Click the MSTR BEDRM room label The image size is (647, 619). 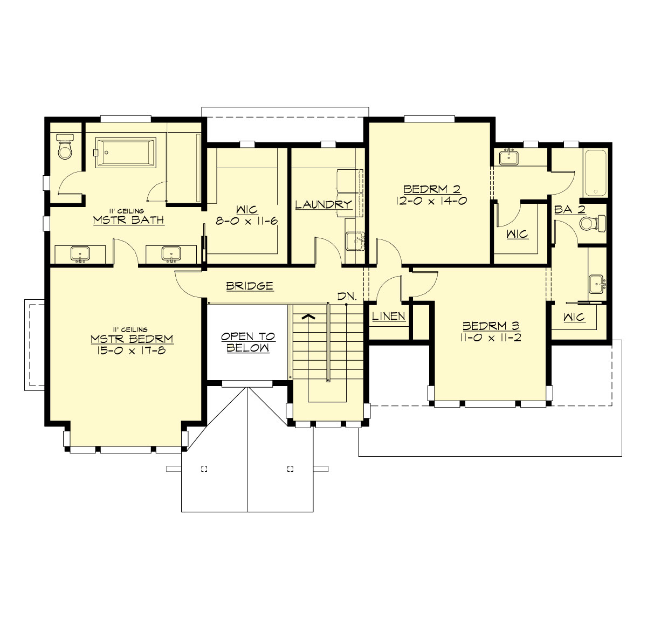pos(132,339)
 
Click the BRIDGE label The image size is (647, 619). pos(250,286)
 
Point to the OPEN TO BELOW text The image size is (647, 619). pos(247,342)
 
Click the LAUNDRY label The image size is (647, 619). pos(323,204)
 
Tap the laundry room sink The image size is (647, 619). pos(355,241)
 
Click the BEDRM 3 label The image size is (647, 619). pos(491,326)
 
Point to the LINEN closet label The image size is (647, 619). pos(389,316)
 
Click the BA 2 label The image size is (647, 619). pos(570,210)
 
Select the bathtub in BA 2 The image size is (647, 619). pos(595,173)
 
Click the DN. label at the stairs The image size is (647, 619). pos(346,297)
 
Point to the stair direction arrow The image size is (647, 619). pos(308,317)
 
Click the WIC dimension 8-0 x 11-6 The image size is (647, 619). pos(247,221)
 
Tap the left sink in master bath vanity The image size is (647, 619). pos(81,254)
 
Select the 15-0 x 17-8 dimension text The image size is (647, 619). pos(132,350)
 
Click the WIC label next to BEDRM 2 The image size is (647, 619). pos(517,234)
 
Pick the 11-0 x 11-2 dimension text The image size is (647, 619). pos(491,338)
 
